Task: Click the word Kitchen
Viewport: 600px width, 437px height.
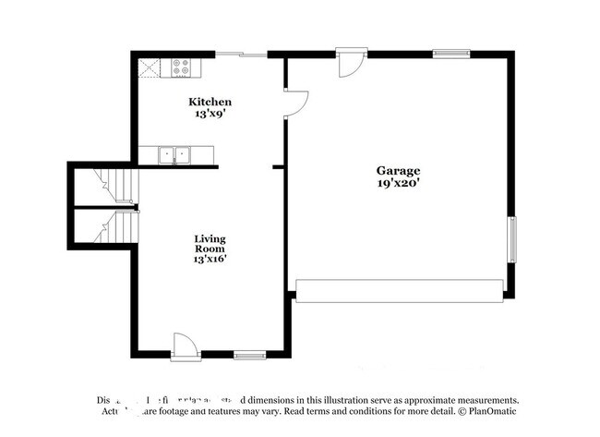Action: [210, 102]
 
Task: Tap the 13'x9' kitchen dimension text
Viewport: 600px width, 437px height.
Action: [210, 115]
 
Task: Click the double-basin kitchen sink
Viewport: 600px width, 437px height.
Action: [174, 155]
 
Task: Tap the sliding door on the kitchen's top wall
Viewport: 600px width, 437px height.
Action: [242, 55]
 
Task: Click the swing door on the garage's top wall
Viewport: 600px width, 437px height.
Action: [352, 62]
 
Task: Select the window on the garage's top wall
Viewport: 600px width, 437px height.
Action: [451, 54]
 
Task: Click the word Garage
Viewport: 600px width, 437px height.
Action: [398, 171]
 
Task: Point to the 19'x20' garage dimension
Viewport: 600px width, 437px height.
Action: [398, 184]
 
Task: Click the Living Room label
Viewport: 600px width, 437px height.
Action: [210, 243]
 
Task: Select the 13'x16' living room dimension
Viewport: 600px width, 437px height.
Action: [210, 260]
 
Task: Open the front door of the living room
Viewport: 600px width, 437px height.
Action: [185, 346]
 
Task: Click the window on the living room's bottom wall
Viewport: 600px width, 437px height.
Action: [249, 354]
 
